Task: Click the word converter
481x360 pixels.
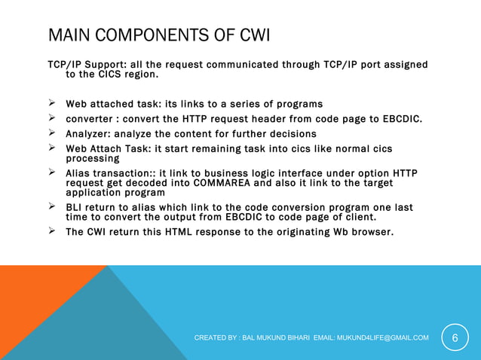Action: tap(90, 119)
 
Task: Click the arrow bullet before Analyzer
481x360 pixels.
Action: tap(53, 133)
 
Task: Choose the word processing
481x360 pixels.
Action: tap(93, 158)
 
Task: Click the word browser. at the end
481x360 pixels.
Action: tap(369, 232)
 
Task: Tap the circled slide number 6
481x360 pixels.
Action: tap(455, 337)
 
